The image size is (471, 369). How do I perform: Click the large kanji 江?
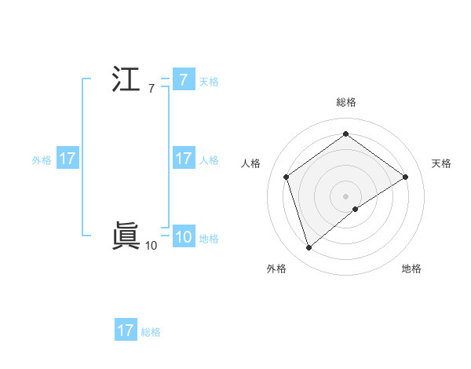[x=126, y=80]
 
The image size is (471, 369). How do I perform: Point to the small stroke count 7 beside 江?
[x=151, y=89]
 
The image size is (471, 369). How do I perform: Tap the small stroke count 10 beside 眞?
[x=151, y=246]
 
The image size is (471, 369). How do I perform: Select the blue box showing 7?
[x=183, y=80]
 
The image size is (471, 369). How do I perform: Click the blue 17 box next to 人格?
[x=183, y=159]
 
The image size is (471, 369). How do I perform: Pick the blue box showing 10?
[x=183, y=237]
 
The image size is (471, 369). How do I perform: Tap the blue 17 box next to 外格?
[x=67, y=159]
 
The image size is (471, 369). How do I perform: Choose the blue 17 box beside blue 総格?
[x=126, y=331]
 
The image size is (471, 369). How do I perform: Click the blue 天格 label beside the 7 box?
[x=209, y=81]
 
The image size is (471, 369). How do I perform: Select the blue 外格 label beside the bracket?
[x=42, y=159]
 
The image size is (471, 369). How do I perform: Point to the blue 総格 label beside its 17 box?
[x=151, y=331]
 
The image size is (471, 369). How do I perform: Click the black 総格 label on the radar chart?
[x=346, y=102]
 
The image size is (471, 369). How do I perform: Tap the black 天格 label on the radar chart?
[x=441, y=163]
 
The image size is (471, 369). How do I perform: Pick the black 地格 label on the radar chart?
[x=411, y=269]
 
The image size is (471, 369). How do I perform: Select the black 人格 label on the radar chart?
[x=251, y=163]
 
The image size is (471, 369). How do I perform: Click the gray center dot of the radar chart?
[x=346, y=195]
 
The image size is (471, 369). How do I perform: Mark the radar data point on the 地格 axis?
[x=356, y=209]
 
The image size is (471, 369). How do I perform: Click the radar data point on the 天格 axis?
[x=405, y=177]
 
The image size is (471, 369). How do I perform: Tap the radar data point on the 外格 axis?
[x=309, y=248]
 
